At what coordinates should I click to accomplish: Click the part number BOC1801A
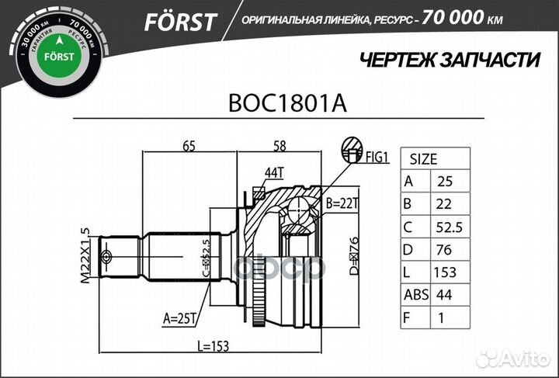point(279,102)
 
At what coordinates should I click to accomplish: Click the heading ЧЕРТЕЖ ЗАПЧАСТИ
point(440,59)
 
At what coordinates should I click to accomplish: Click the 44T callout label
point(273,172)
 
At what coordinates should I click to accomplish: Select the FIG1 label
point(376,158)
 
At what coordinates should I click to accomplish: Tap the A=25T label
point(179,317)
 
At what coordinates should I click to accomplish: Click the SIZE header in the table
point(423,159)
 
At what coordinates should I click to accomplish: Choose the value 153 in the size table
point(446,272)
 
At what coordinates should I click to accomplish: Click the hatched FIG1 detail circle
point(352,149)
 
